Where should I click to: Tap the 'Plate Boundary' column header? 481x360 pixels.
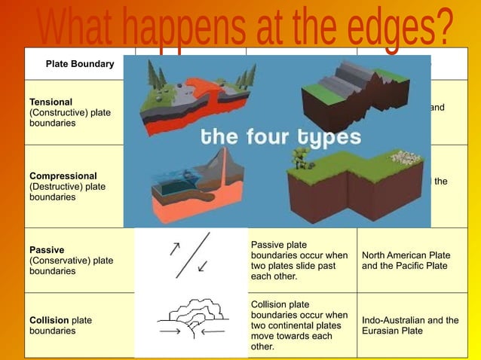80,64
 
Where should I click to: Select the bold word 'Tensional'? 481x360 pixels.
51,102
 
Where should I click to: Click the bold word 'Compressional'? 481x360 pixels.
63,176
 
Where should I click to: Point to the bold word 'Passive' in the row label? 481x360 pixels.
47,250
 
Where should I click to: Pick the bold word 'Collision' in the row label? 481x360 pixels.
50,320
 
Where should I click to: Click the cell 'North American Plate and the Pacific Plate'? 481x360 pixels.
406,261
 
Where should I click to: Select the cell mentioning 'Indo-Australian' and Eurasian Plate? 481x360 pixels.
409,325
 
